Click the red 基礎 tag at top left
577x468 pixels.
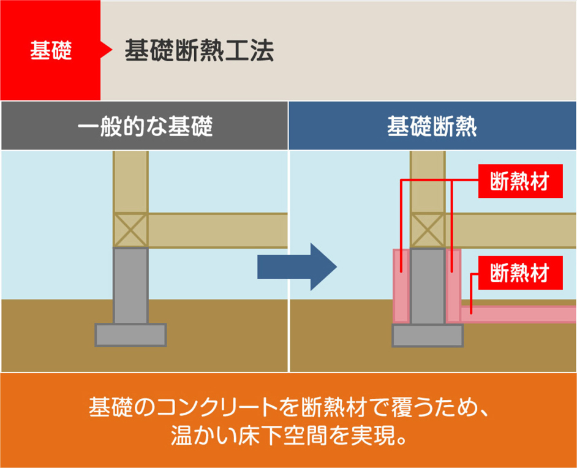click(50, 51)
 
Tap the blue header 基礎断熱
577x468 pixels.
click(432, 126)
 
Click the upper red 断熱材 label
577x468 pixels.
click(520, 182)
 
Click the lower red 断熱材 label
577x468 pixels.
click(520, 273)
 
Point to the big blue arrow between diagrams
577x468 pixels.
click(297, 266)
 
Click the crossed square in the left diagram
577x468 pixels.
click(130, 230)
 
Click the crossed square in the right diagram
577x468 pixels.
click(428, 230)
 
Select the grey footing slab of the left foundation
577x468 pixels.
click(130, 335)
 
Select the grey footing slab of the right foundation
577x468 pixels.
click(428, 335)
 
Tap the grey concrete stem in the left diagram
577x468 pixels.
click(130, 285)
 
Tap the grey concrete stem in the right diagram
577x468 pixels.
click(428, 285)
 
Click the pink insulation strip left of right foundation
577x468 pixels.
click(401, 285)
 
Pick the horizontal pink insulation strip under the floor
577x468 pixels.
click(521, 314)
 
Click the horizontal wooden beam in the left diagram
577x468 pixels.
click(217, 230)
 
